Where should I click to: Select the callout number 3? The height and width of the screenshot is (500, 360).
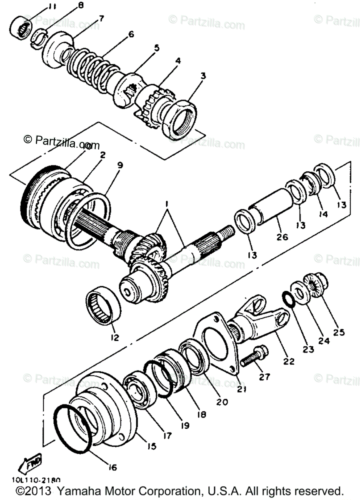pos(203,76)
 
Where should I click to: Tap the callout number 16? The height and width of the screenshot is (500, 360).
pos(112,467)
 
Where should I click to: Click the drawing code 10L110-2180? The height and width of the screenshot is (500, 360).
pos(36,480)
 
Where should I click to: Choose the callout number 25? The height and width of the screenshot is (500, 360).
pos(339,332)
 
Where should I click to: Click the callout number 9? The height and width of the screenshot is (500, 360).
pos(120,165)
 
